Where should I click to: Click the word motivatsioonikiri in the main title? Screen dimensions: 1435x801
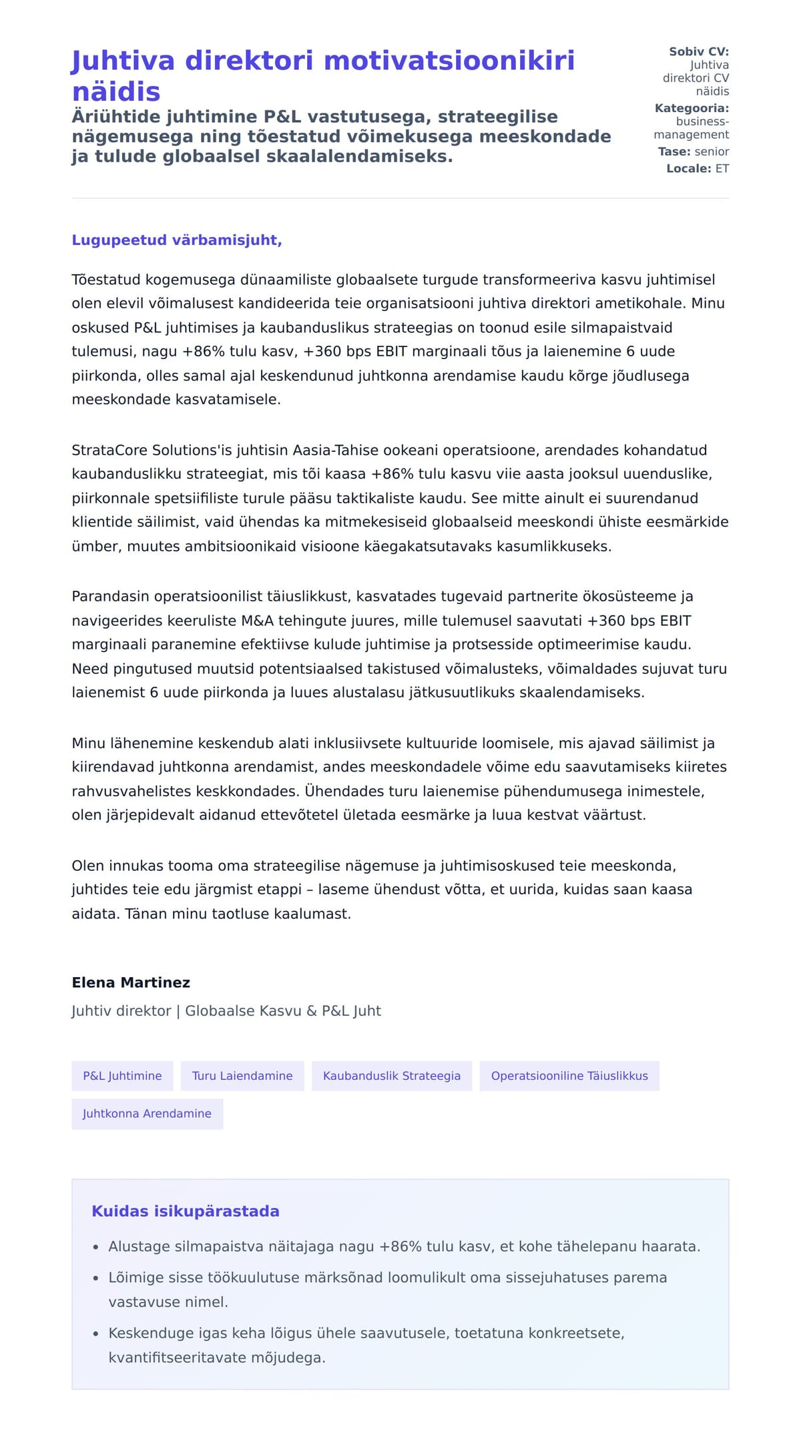pos(449,61)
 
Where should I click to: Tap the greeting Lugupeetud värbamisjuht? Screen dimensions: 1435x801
pos(177,240)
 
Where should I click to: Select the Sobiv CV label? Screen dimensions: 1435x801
pos(699,51)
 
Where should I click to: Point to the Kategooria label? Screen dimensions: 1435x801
pos(692,108)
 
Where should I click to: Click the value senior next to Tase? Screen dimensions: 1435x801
pos(712,152)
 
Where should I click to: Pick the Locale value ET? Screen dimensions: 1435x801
pos(722,168)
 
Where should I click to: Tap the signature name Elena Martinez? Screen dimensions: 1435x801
pos(131,982)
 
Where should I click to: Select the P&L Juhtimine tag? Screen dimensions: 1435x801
pos(122,1076)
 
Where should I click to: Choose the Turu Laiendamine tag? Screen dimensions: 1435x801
pos(242,1076)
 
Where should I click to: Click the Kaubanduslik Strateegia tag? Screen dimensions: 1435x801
pos(392,1076)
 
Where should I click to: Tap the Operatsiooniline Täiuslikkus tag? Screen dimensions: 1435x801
pos(569,1076)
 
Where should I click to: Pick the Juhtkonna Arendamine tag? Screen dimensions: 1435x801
pos(147,1114)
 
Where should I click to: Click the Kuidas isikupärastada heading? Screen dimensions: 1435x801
pos(186,1211)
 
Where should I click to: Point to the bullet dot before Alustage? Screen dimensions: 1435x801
pos(96,1247)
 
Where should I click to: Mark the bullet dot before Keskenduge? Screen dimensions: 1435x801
pos(96,1334)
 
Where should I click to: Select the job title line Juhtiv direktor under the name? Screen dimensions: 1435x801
pos(226,1011)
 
